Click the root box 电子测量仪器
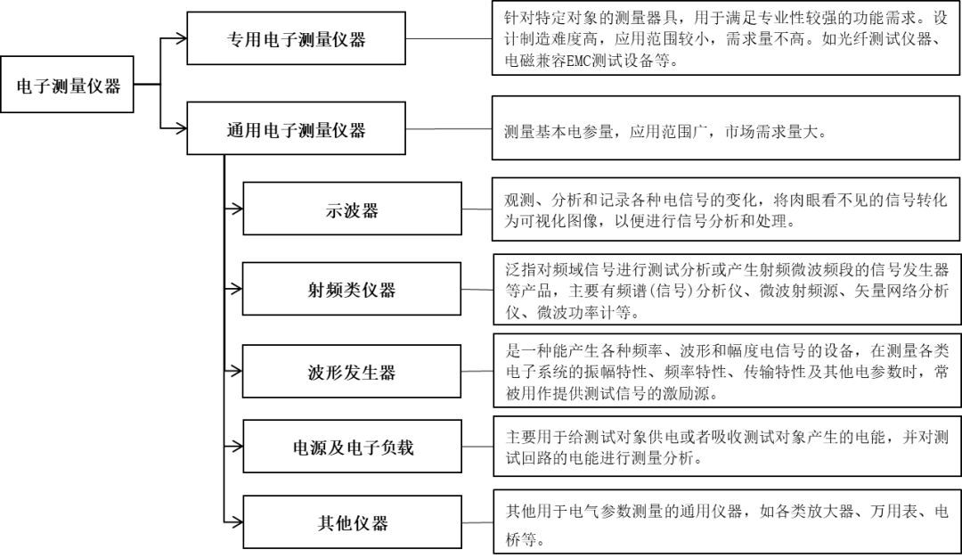(x=68, y=86)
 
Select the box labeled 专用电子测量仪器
(x=295, y=39)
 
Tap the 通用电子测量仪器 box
(x=295, y=130)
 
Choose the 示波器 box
(x=352, y=210)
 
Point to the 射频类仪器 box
(x=352, y=290)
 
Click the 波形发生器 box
(x=352, y=372)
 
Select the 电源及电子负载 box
(x=353, y=447)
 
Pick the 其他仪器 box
(x=353, y=523)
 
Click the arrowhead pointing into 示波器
(x=235, y=209)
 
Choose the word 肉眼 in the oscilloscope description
(x=805, y=200)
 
